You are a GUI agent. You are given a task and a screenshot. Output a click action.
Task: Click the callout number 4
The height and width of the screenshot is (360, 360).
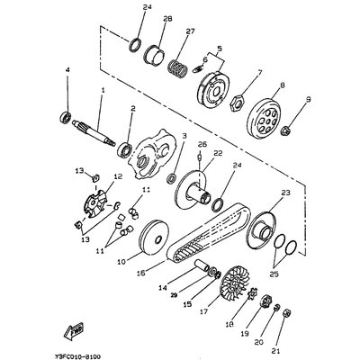pos(67,70)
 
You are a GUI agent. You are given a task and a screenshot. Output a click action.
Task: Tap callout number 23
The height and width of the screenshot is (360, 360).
pos(286,192)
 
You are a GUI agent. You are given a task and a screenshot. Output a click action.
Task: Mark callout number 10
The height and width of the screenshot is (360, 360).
pos(119,261)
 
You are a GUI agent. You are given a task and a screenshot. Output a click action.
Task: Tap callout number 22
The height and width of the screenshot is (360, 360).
pos(217,154)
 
